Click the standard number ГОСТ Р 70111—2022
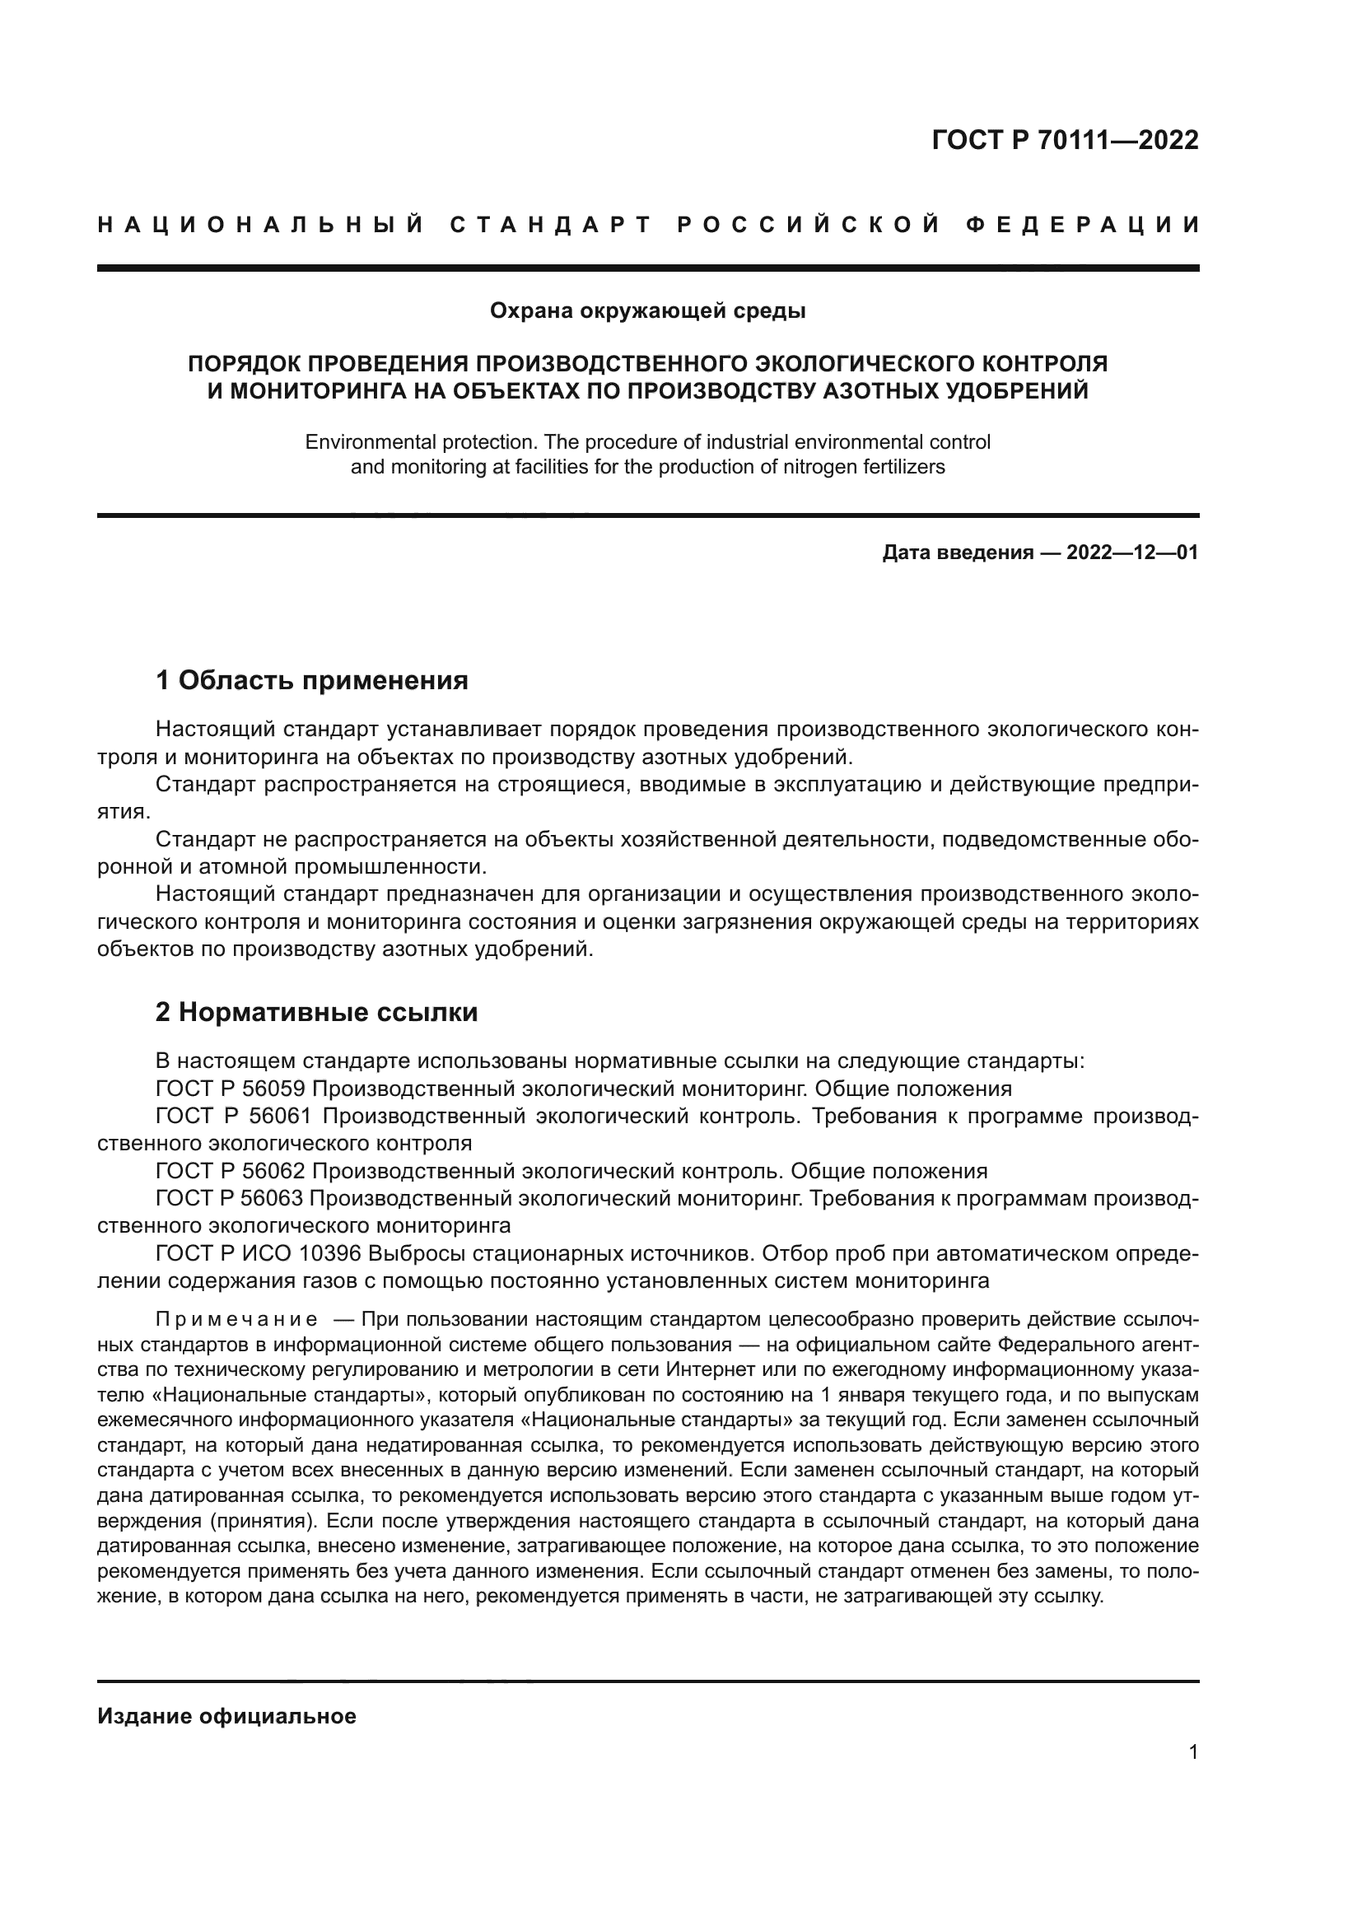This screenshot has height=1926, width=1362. click(1064, 140)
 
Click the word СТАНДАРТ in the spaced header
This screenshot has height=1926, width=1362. click(552, 225)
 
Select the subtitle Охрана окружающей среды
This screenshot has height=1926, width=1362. click(647, 311)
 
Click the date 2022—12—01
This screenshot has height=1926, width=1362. click(1132, 553)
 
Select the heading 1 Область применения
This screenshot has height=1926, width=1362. click(312, 680)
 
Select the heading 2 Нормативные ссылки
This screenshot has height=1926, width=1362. click(316, 1013)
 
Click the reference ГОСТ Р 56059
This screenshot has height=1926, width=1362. click(231, 1089)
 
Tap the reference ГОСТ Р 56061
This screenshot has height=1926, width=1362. click(233, 1117)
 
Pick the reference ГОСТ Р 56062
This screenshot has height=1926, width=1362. click(231, 1171)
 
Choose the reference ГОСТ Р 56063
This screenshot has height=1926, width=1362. click(231, 1199)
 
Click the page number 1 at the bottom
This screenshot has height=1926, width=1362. click(1193, 1751)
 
